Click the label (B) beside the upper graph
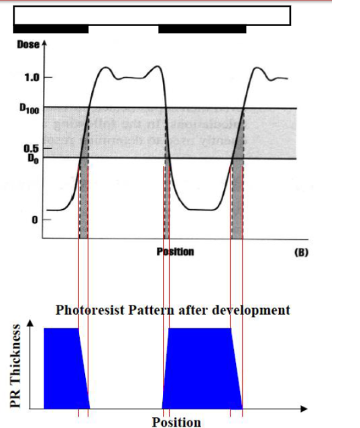300,252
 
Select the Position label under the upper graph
175,252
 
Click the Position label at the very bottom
176,422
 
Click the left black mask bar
50,29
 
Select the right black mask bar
202,29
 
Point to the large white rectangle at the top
152,15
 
